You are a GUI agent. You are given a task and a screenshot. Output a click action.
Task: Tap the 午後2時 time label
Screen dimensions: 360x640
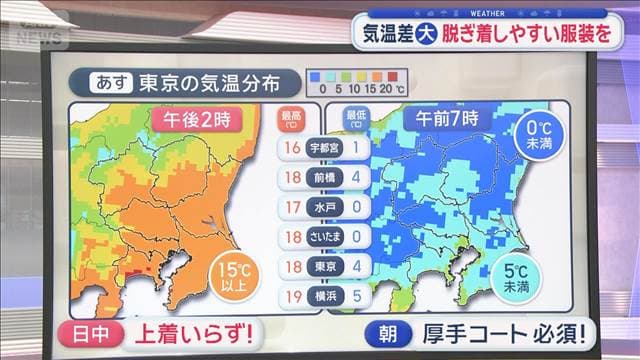click(197, 118)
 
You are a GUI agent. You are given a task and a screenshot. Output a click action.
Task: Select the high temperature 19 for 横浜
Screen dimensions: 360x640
click(292, 296)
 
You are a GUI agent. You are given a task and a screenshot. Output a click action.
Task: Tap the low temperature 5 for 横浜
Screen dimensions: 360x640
click(355, 296)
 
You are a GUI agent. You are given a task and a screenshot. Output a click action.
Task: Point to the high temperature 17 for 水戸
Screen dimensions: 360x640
click(292, 208)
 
